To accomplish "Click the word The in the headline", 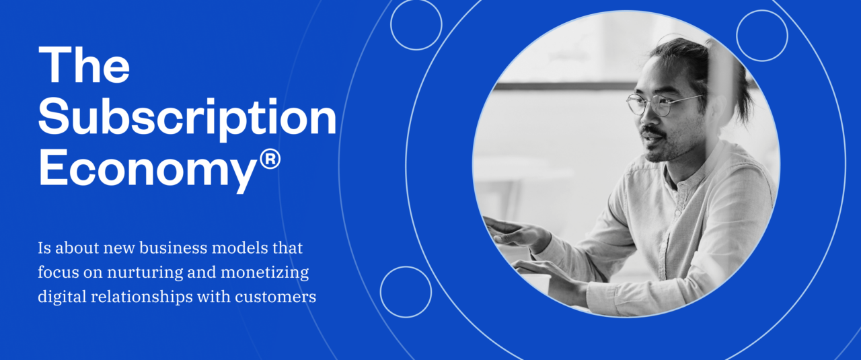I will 84,66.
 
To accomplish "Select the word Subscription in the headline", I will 187,118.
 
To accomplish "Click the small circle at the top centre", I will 416,24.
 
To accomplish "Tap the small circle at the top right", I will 761,36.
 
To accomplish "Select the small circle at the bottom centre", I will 406,292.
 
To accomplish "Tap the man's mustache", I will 650,130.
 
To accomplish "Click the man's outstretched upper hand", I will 515,233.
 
